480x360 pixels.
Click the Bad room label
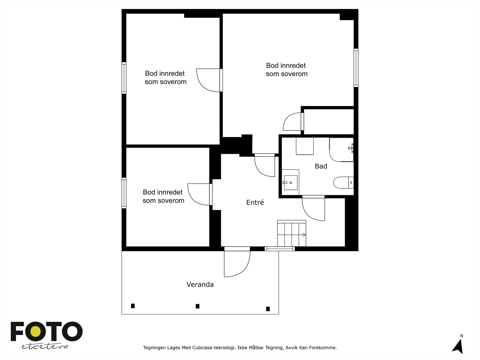click(x=321, y=166)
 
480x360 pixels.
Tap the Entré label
click(x=255, y=202)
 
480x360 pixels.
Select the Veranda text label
click(x=200, y=284)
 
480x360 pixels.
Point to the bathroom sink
click(x=290, y=182)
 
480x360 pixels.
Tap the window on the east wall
click(x=356, y=67)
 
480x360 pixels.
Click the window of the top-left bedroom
click(x=124, y=78)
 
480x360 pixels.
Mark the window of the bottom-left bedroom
click(x=124, y=193)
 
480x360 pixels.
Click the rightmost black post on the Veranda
click(x=268, y=309)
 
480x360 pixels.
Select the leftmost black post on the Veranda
click(x=133, y=306)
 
